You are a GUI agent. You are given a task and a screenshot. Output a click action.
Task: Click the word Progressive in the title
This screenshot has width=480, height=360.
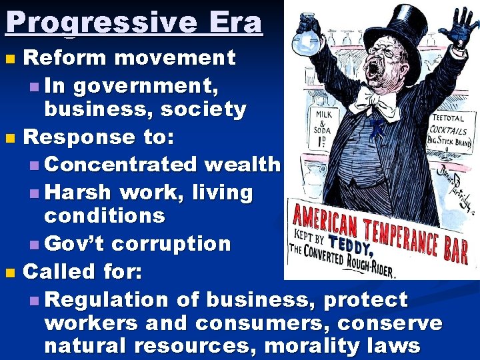(100, 23)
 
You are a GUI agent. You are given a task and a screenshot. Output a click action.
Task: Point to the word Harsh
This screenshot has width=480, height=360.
(81, 193)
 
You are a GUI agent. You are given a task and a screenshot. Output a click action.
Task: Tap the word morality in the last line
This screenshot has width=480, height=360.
(308, 346)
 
